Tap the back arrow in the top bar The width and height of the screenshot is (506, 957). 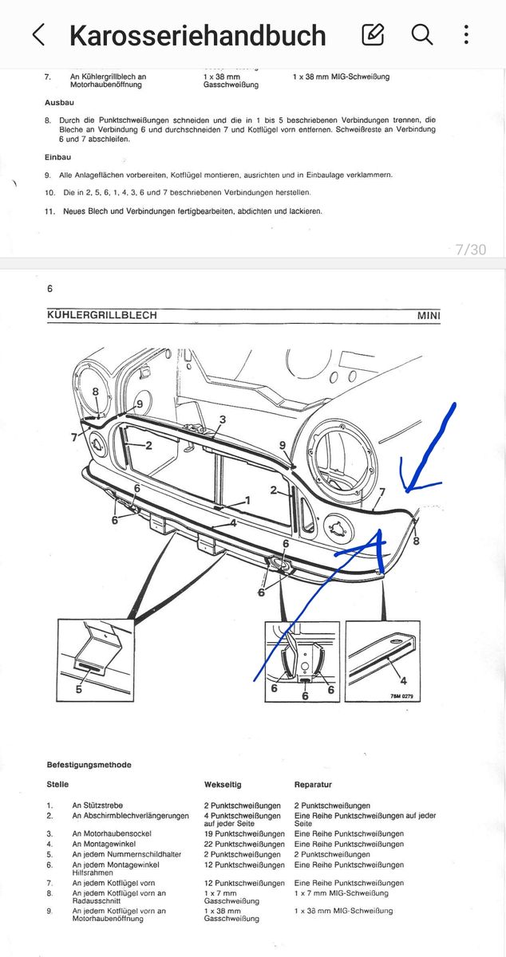[x=38, y=34]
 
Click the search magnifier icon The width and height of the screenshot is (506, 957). [x=422, y=34]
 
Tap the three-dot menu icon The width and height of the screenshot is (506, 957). [x=466, y=34]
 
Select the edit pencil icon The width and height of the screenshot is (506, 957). [x=373, y=34]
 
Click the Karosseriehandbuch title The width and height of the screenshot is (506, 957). [x=198, y=35]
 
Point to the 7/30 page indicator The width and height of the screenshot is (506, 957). [x=471, y=249]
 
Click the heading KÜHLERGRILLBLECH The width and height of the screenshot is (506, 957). [x=102, y=315]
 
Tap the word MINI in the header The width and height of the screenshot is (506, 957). [x=429, y=315]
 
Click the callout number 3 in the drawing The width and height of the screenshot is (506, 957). [x=222, y=419]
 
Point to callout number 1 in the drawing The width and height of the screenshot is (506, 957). [x=247, y=500]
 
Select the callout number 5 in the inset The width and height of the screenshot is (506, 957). [x=79, y=689]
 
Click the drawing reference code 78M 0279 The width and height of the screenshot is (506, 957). [x=401, y=696]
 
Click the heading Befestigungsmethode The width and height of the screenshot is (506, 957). [x=89, y=764]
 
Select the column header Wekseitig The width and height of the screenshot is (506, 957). [x=223, y=785]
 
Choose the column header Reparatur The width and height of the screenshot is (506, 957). [x=313, y=785]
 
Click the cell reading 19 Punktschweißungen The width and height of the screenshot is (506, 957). [x=244, y=833]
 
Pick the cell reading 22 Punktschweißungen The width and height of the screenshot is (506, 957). [x=244, y=844]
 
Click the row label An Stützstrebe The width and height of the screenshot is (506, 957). [x=97, y=805]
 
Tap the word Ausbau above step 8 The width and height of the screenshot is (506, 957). [x=59, y=103]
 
